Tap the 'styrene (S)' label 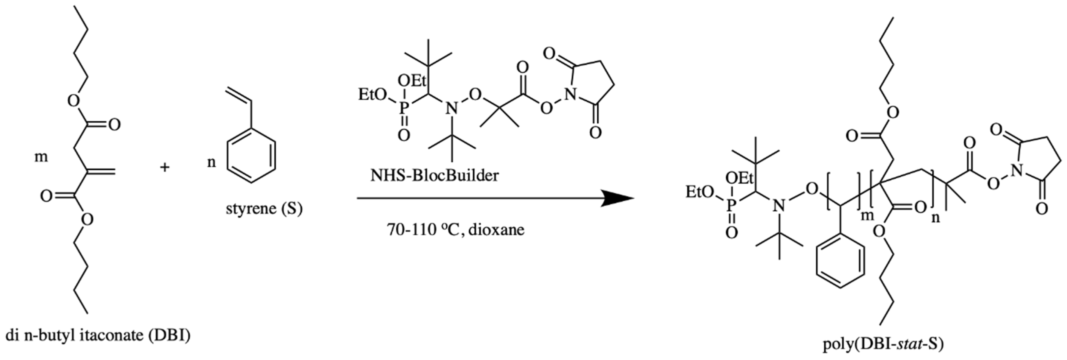point(264,208)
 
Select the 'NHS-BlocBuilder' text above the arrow point(434,176)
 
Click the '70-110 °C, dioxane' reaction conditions point(455,229)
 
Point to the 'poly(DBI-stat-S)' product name point(883,344)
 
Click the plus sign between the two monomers point(165,167)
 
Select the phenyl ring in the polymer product point(840,261)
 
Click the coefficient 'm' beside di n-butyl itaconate point(41,157)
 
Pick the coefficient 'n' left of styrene point(211,162)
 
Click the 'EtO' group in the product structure point(700,192)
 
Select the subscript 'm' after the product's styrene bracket point(867,215)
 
